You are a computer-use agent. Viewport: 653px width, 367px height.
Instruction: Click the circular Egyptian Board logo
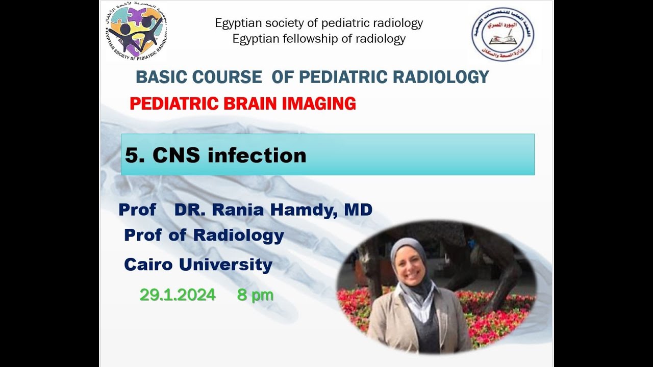[503, 34]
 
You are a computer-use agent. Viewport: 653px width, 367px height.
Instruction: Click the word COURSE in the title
[227, 77]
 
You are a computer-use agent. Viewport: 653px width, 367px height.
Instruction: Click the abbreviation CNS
[177, 155]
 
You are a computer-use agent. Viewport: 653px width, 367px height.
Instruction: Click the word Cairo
[148, 265]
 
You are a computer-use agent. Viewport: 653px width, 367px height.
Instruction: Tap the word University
[225, 265]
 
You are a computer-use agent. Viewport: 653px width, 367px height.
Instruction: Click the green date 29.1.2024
[178, 295]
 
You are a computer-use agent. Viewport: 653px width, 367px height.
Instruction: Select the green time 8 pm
[255, 295]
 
